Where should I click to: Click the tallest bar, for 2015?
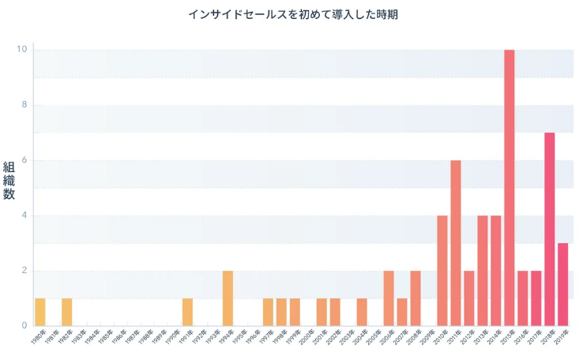point(510,188)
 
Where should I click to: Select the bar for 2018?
point(550,229)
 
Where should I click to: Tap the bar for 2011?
point(456,243)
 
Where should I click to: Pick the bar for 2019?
point(563,284)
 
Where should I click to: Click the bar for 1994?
point(228,298)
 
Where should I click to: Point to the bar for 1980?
point(40,312)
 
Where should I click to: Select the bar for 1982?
point(67,312)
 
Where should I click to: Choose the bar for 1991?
point(187,312)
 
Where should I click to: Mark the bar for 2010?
point(442,271)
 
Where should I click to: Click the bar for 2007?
point(402,312)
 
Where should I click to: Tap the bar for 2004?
point(362,312)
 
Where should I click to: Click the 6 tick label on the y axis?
point(24,160)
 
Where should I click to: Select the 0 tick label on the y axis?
point(24,325)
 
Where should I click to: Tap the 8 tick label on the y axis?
point(24,105)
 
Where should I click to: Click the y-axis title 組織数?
point(9,181)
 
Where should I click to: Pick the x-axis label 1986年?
point(117,337)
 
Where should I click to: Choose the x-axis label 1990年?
point(171,337)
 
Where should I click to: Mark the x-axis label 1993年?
point(211,337)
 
